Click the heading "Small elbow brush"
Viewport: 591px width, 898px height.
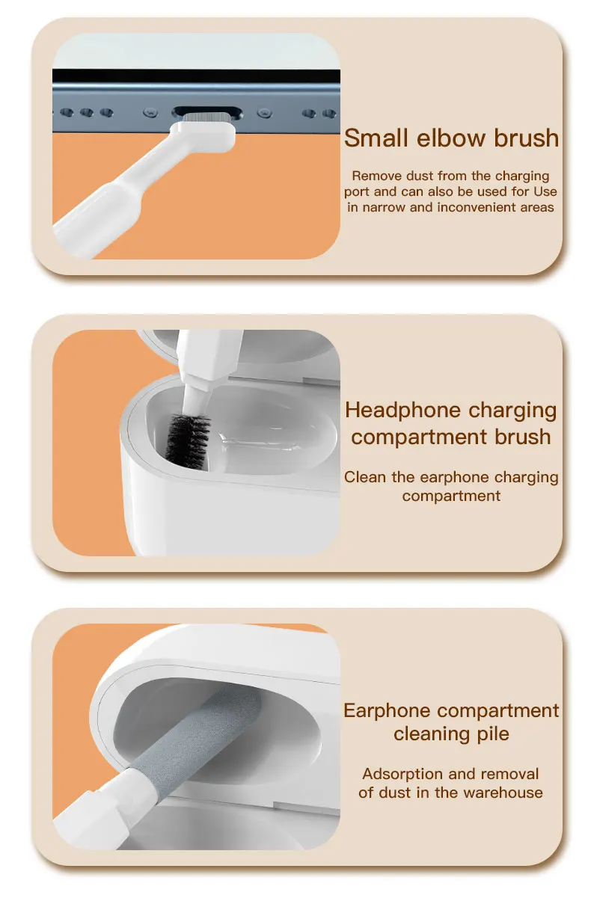[x=451, y=138]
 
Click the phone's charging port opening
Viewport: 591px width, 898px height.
[x=207, y=112]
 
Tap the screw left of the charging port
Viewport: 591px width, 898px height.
[x=150, y=113]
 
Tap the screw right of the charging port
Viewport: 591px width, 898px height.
[x=264, y=113]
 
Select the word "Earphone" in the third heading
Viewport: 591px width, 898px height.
[x=387, y=711]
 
